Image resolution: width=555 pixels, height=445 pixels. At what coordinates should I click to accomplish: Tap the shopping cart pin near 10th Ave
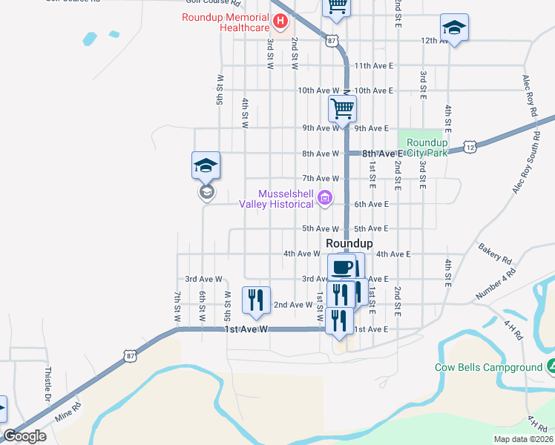click(x=342, y=108)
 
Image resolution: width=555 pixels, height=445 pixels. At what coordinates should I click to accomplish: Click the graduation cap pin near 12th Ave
click(x=453, y=28)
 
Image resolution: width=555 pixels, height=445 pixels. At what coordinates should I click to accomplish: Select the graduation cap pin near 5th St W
click(x=206, y=166)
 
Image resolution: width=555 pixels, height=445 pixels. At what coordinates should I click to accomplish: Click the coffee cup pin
click(x=341, y=267)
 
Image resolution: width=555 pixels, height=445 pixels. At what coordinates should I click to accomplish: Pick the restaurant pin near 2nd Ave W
click(x=256, y=299)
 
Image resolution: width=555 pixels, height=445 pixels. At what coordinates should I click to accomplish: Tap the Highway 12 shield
click(x=470, y=148)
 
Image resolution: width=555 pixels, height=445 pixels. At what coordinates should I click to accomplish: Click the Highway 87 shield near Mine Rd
click(x=131, y=356)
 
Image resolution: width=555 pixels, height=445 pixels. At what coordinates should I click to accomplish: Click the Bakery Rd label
click(x=495, y=254)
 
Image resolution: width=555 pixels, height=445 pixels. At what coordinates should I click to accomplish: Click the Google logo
click(x=24, y=436)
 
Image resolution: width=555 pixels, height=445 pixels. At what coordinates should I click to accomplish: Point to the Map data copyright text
click(x=522, y=439)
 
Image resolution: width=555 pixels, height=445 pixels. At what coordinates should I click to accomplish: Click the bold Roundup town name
click(x=349, y=243)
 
